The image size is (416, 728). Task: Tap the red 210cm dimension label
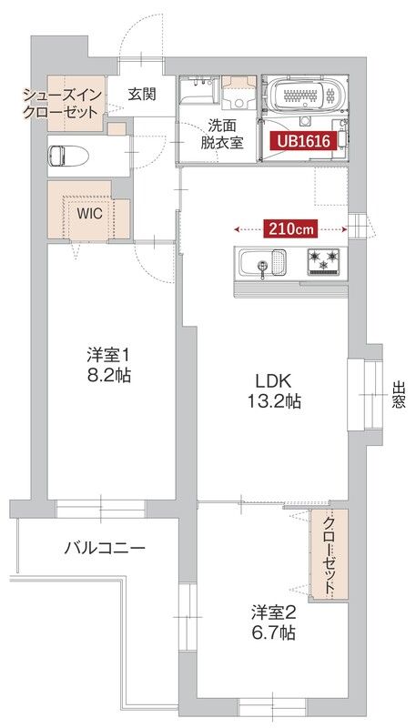[291, 228]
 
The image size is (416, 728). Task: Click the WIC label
[88, 214]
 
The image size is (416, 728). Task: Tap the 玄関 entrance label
[141, 93]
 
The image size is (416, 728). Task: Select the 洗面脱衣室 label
[224, 133]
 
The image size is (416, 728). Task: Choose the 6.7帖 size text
[274, 633]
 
